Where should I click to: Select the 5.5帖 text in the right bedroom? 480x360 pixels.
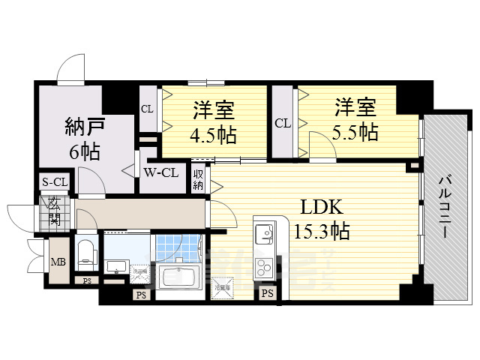pyautogui.click(x=355, y=133)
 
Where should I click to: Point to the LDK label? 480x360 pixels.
pyautogui.click(x=322, y=206)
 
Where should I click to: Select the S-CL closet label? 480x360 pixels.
pyautogui.click(x=55, y=182)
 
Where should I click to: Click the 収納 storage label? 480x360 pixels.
pyautogui.click(x=199, y=179)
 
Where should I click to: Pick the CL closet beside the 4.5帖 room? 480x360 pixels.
pyautogui.click(x=147, y=109)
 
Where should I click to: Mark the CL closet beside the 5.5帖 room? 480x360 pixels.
pyautogui.click(x=282, y=123)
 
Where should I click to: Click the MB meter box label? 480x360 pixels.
pyautogui.click(x=57, y=262)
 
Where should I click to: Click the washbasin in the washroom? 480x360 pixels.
pyautogui.click(x=117, y=267)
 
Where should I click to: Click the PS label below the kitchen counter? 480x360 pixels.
pyautogui.click(x=268, y=293)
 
